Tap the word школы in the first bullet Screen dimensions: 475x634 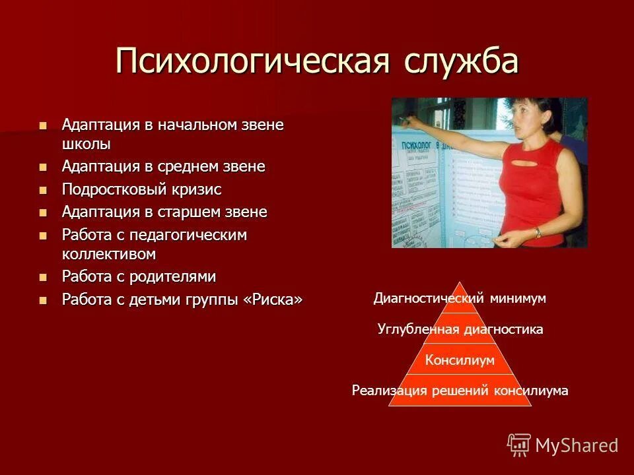tap(87, 143)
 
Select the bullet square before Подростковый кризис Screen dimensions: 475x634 tap(44, 190)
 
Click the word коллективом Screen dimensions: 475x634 tap(109, 253)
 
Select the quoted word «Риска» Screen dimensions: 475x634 tap(273, 299)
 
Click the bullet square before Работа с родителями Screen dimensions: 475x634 tap(44, 276)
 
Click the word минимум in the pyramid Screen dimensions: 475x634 tap(518, 298)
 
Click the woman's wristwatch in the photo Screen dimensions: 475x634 tap(538, 232)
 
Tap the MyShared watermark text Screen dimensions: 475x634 tap(577, 445)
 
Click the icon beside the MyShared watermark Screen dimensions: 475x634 tap(519, 445)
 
